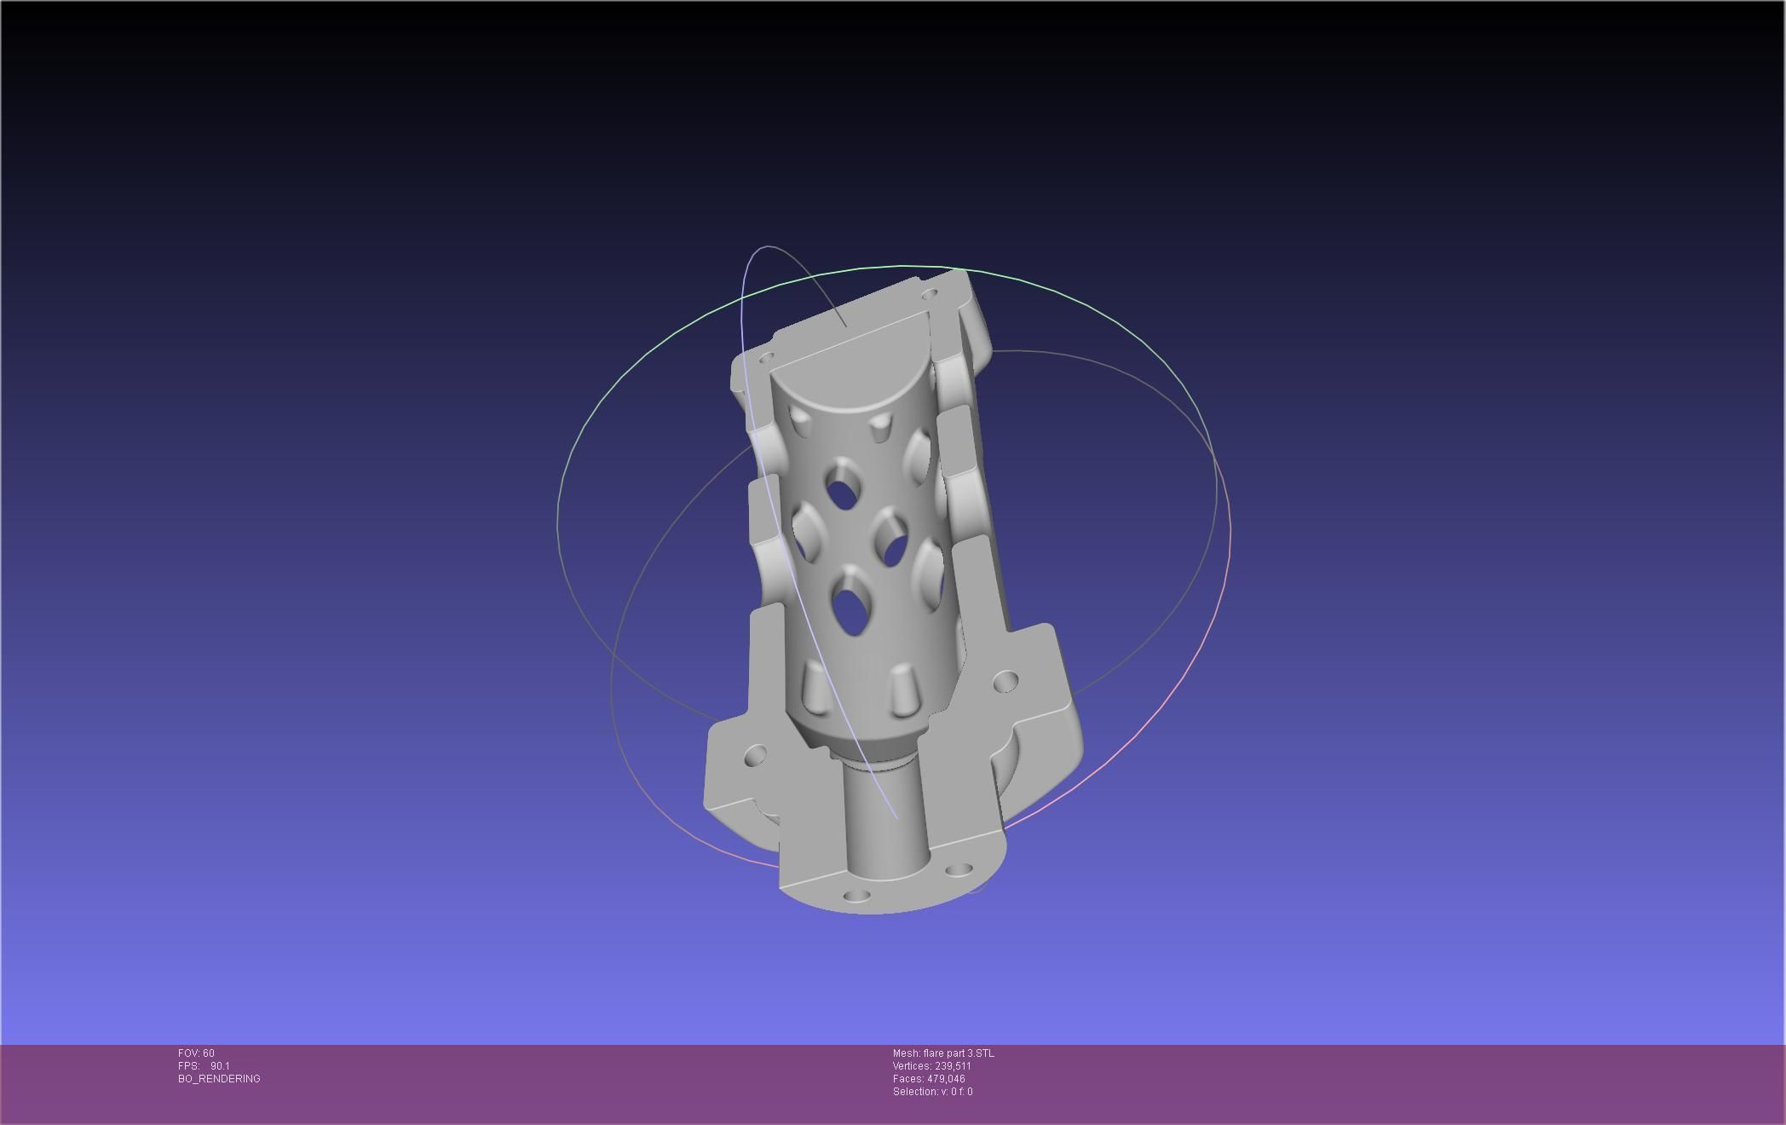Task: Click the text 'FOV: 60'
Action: (x=196, y=1053)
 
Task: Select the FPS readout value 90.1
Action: (x=220, y=1066)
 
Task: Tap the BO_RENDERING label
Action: (x=219, y=1079)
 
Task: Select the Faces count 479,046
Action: (x=946, y=1079)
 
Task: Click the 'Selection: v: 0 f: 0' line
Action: (x=932, y=1092)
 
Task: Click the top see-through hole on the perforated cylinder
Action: (x=843, y=493)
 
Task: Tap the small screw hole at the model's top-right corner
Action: (x=930, y=294)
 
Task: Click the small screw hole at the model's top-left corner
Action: (x=765, y=357)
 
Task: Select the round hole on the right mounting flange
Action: (x=1005, y=682)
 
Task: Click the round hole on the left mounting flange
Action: (x=755, y=755)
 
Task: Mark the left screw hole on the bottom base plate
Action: (x=856, y=896)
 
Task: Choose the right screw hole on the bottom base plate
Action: (x=959, y=870)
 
